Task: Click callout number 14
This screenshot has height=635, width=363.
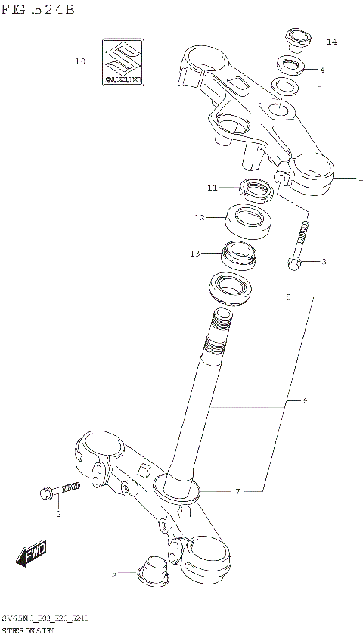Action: click(330, 41)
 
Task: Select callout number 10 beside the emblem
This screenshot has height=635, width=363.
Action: click(80, 61)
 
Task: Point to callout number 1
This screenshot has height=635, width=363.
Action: click(361, 179)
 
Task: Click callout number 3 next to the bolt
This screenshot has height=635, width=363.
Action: click(324, 262)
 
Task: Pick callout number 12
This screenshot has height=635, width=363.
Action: click(199, 218)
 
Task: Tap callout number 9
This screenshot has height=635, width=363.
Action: click(115, 574)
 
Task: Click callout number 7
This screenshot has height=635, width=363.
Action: click(237, 491)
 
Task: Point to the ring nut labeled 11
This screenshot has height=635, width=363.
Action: click(255, 189)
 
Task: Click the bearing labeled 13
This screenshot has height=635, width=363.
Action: click(239, 254)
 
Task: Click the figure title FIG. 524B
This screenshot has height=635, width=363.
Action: click(38, 10)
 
